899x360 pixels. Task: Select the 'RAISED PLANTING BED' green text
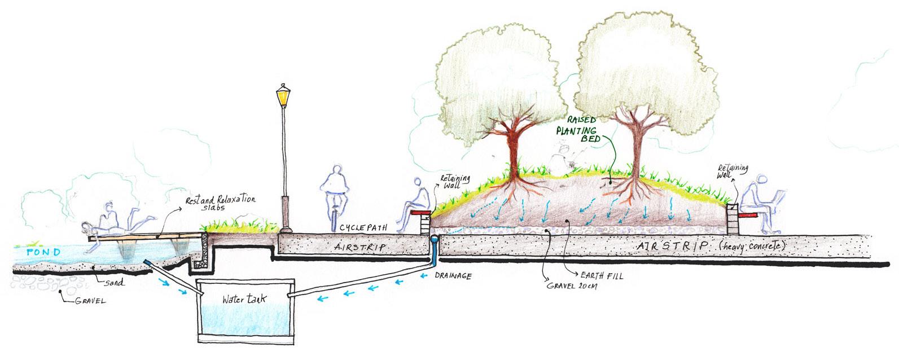point(580,130)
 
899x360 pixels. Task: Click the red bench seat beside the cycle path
point(420,213)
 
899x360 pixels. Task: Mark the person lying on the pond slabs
point(116,223)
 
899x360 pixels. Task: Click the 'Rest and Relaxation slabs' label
point(221,203)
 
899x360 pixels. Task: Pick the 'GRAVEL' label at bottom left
point(90,301)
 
